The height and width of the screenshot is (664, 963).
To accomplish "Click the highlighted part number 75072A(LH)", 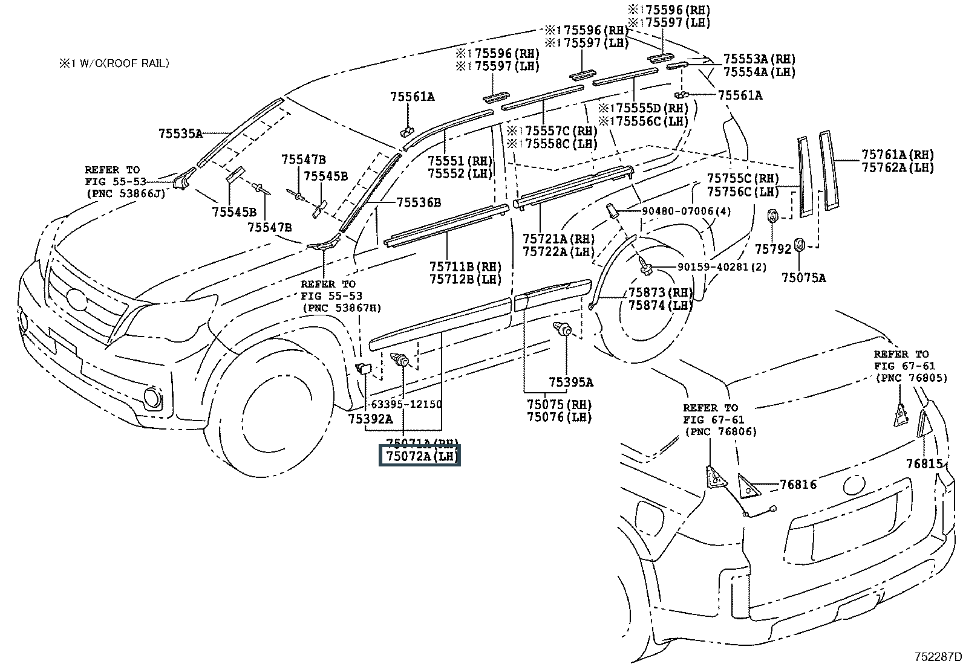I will click(420, 456).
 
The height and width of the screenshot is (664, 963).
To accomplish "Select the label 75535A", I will click(181, 134).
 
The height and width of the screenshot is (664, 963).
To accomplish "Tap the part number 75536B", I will click(419, 202).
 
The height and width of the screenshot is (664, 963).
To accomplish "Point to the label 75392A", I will click(371, 418).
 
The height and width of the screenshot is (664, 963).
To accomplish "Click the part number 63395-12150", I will click(406, 404).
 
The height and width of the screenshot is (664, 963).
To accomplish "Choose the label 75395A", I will click(571, 382).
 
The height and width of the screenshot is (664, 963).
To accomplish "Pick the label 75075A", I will click(803, 277).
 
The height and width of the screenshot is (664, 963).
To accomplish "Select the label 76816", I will click(798, 485).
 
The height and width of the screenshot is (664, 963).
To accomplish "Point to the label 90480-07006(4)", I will click(678, 211).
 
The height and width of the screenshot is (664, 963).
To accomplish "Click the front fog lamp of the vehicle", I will click(152, 397).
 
